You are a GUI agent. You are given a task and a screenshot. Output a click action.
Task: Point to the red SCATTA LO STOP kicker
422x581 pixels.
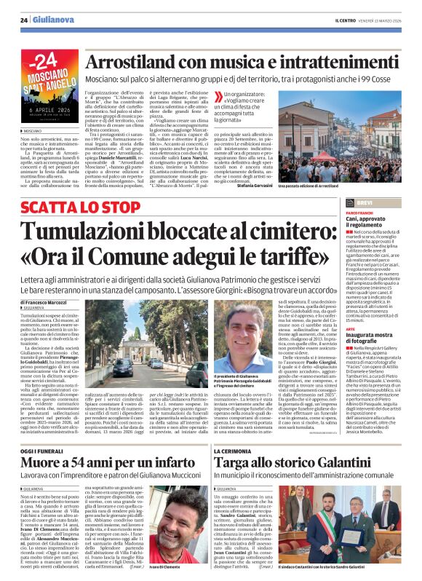pyautogui.click(x=70, y=207)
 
